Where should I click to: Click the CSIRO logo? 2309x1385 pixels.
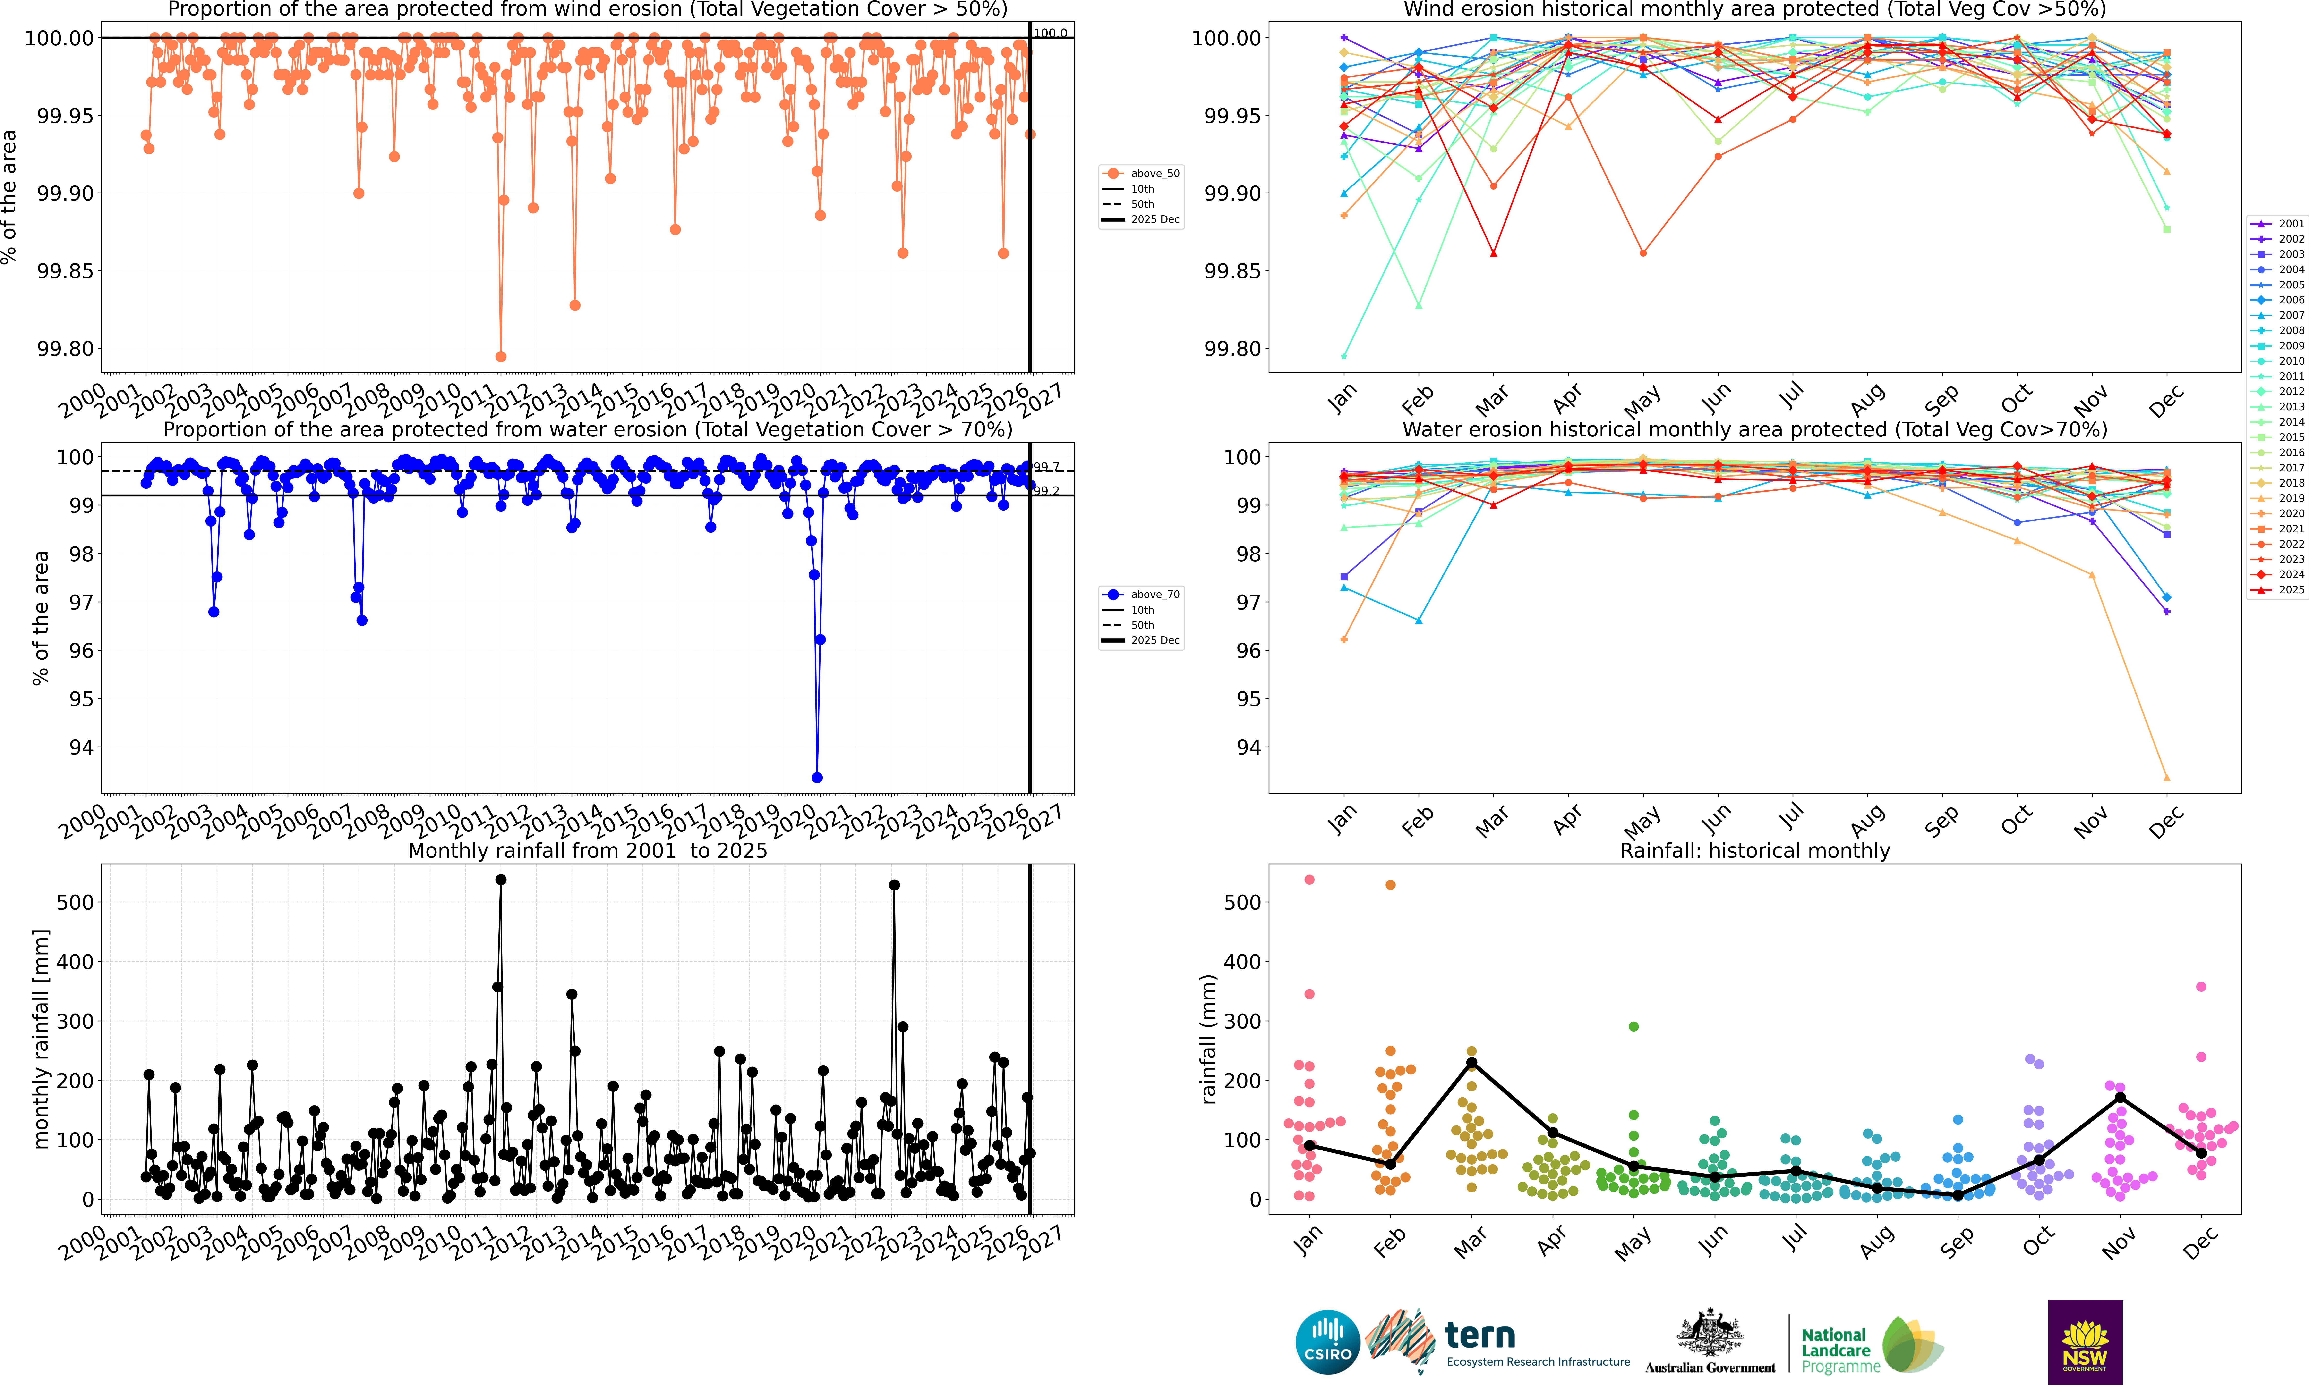[1327, 1342]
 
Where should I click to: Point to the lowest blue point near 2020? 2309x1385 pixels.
[817, 777]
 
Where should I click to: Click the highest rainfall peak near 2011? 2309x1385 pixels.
[500, 880]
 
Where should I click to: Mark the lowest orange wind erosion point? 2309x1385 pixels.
[500, 357]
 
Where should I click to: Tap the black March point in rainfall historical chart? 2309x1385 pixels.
[1471, 1063]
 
